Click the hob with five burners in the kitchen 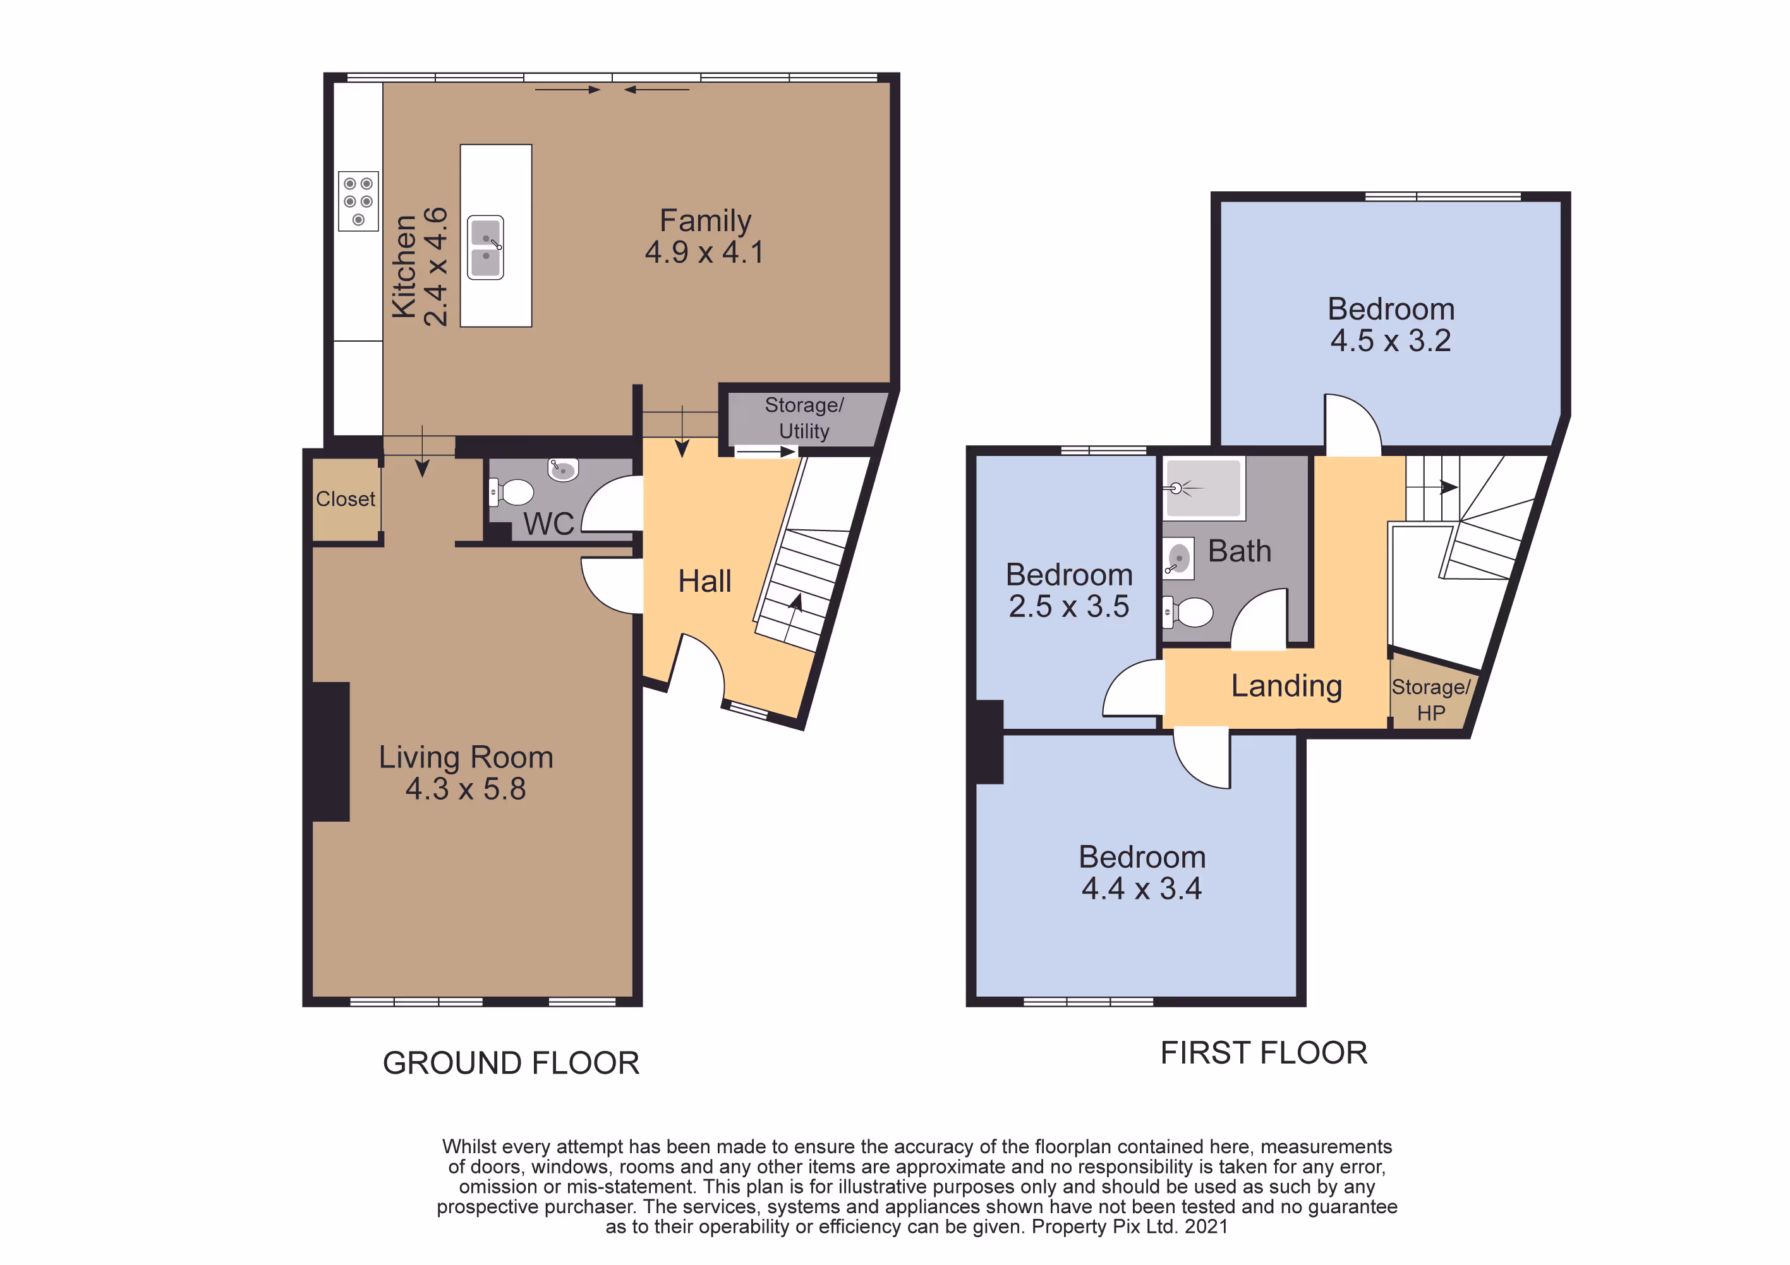(x=358, y=201)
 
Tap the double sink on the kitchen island (x=486, y=247)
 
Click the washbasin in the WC (x=562, y=469)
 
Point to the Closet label (x=346, y=499)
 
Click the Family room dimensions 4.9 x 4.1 (x=705, y=253)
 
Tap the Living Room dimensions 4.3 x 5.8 (x=466, y=789)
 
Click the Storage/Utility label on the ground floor (x=804, y=417)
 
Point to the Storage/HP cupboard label (x=1431, y=700)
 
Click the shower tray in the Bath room (x=1204, y=488)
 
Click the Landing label (x=1286, y=686)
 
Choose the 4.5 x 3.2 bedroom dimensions (x=1391, y=340)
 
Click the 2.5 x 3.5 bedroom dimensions (x=1069, y=606)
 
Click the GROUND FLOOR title (x=511, y=1063)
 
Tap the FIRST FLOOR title (x=1264, y=1053)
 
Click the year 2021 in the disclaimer (x=1206, y=1227)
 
